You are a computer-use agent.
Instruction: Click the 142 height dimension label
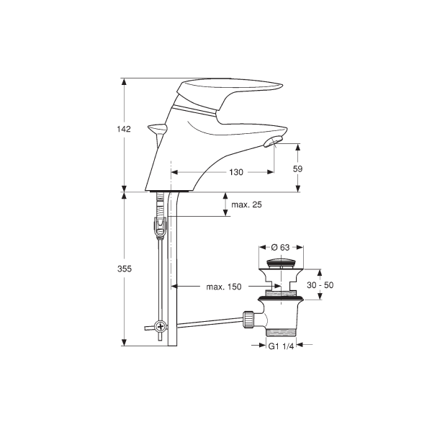click(124, 129)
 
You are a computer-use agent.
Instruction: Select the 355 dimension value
click(125, 269)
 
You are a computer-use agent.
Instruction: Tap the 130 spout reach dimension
click(236, 172)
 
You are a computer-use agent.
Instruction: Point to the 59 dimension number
click(297, 168)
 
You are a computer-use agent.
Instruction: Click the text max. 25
click(246, 204)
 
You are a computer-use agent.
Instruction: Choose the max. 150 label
click(224, 287)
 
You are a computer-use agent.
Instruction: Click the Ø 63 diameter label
click(281, 248)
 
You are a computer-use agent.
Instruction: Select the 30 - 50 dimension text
click(320, 285)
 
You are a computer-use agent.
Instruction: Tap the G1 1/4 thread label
click(281, 346)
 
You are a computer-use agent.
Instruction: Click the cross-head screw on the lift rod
click(160, 327)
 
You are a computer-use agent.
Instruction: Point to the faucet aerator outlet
click(272, 141)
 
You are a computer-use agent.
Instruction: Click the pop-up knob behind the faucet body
click(157, 128)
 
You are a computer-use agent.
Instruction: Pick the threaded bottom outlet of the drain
click(281, 333)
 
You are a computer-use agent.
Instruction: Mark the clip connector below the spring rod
click(160, 227)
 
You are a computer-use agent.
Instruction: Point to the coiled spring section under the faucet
click(160, 204)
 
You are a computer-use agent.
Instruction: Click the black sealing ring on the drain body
click(281, 298)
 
